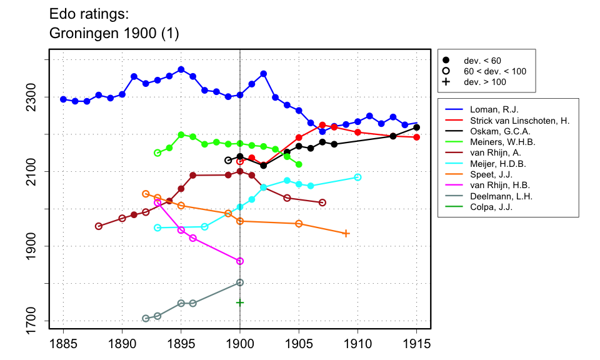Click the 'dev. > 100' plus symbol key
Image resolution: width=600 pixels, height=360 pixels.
446,82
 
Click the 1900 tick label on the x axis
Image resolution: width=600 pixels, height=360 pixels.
240,344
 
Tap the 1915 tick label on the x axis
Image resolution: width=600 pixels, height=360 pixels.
417,344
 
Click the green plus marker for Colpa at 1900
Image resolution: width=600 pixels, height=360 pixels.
240,302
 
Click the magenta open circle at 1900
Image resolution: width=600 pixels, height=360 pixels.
240,261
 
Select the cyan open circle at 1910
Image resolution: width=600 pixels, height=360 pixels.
358,177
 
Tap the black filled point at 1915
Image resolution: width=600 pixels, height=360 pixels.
417,127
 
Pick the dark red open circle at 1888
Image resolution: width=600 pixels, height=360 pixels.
98,226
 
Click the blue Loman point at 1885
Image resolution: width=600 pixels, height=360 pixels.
63,99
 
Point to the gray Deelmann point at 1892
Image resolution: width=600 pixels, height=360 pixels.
146,319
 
